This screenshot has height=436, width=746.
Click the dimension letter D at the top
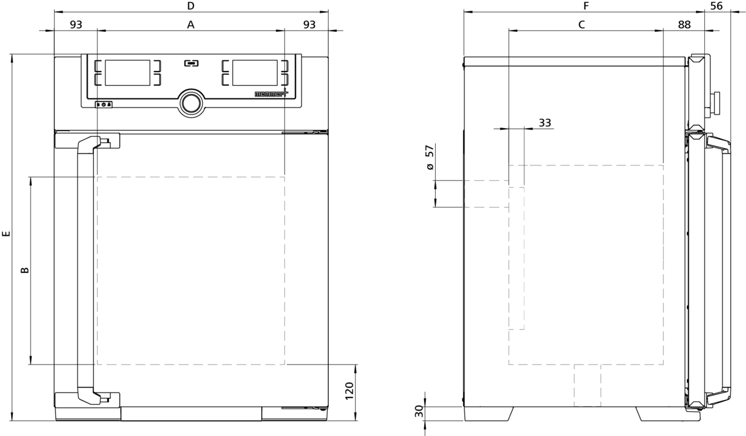(x=191, y=6)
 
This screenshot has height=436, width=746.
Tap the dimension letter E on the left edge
(x=6, y=235)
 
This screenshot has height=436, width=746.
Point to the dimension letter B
(x=25, y=271)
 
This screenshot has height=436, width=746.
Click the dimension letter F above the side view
(x=585, y=6)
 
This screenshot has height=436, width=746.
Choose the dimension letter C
(x=581, y=25)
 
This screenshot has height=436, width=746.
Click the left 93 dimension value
(x=76, y=25)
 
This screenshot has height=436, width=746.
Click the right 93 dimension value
(x=308, y=25)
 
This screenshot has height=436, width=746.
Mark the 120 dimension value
(x=349, y=391)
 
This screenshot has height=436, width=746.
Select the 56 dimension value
(x=716, y=6)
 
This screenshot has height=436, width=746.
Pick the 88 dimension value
(x=684, y=25)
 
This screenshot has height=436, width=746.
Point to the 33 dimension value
(x=545, y=123)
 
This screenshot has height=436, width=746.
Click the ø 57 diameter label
(x=428, y=159)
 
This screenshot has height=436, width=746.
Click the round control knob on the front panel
(x=191, y=103)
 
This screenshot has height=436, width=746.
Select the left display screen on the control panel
(x=127, y=73)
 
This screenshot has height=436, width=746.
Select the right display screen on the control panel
(x=255, y=73)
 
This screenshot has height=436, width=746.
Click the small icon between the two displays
(x=191, y=63)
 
